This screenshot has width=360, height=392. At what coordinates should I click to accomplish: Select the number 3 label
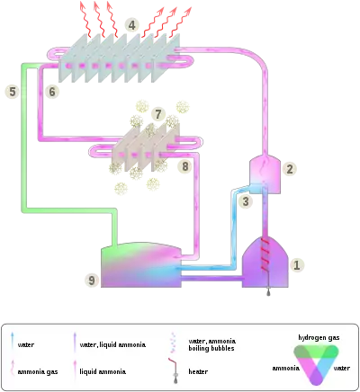pyautogui.click(x=245, y=203)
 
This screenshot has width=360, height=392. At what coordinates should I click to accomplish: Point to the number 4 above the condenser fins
pyautogui.click(x=132, y=25)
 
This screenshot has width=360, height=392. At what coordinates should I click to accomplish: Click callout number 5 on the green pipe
pyautogui.click(x=11, y=92)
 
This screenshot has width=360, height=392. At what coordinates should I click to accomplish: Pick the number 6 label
pyautogui.click(x=52, y=92)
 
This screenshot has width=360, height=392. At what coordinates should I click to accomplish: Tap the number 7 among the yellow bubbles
pyautogui.click(x=158, y=114)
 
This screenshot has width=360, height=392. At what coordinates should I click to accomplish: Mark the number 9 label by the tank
pyautogui.click(x=92, y=281)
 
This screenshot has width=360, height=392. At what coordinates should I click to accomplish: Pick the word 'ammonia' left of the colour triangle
pyautogui.click(x=286, y=368)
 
